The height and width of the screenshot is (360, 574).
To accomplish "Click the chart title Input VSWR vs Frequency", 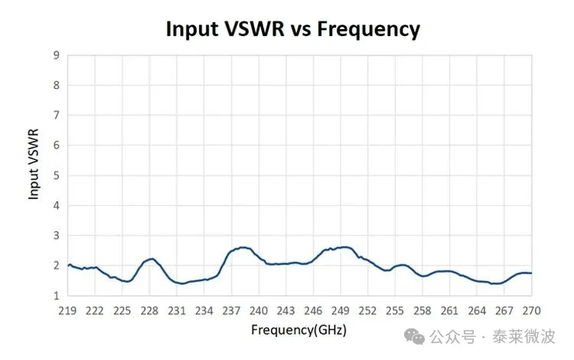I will (293, 29).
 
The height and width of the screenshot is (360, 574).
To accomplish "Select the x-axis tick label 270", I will (532, 310).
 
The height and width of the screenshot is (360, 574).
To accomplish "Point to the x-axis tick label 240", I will (259, 310).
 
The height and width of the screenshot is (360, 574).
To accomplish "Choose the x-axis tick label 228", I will (149, 310).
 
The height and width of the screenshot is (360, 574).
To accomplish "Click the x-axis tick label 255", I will (395, 310).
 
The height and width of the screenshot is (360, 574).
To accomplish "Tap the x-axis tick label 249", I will (341, 310).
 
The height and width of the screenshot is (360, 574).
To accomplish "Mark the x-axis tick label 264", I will (478, 310).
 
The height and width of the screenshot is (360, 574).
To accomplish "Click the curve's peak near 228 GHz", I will (152, 259).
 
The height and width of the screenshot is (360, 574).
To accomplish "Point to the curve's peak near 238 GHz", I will (243, 247).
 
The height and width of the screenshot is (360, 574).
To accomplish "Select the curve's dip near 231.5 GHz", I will (181, 283).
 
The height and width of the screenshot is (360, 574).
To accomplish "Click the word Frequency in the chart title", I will (370, 29).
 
